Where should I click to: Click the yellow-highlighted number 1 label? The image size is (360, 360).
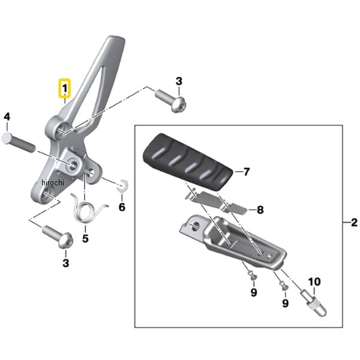tap(64, 89)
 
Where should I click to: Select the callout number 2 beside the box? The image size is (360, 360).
tap(353, 223)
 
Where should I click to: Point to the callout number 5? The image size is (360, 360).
tap(85, 238)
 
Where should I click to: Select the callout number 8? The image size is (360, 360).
tap(260, 210)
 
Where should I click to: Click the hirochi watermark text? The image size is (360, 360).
tap(52, 182)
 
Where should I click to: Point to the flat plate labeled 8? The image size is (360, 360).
tap(222, 202)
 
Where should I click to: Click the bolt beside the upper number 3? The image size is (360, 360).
tap(171, 100)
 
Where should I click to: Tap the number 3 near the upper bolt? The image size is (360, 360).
tap(179, 82)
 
